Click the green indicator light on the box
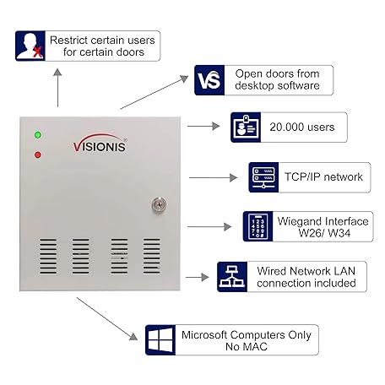[38, 135]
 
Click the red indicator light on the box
[38, 155]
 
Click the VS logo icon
[210, 79]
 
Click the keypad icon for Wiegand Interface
[258, 227]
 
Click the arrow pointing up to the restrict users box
[58, 84]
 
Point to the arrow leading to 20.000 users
[202, 127]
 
